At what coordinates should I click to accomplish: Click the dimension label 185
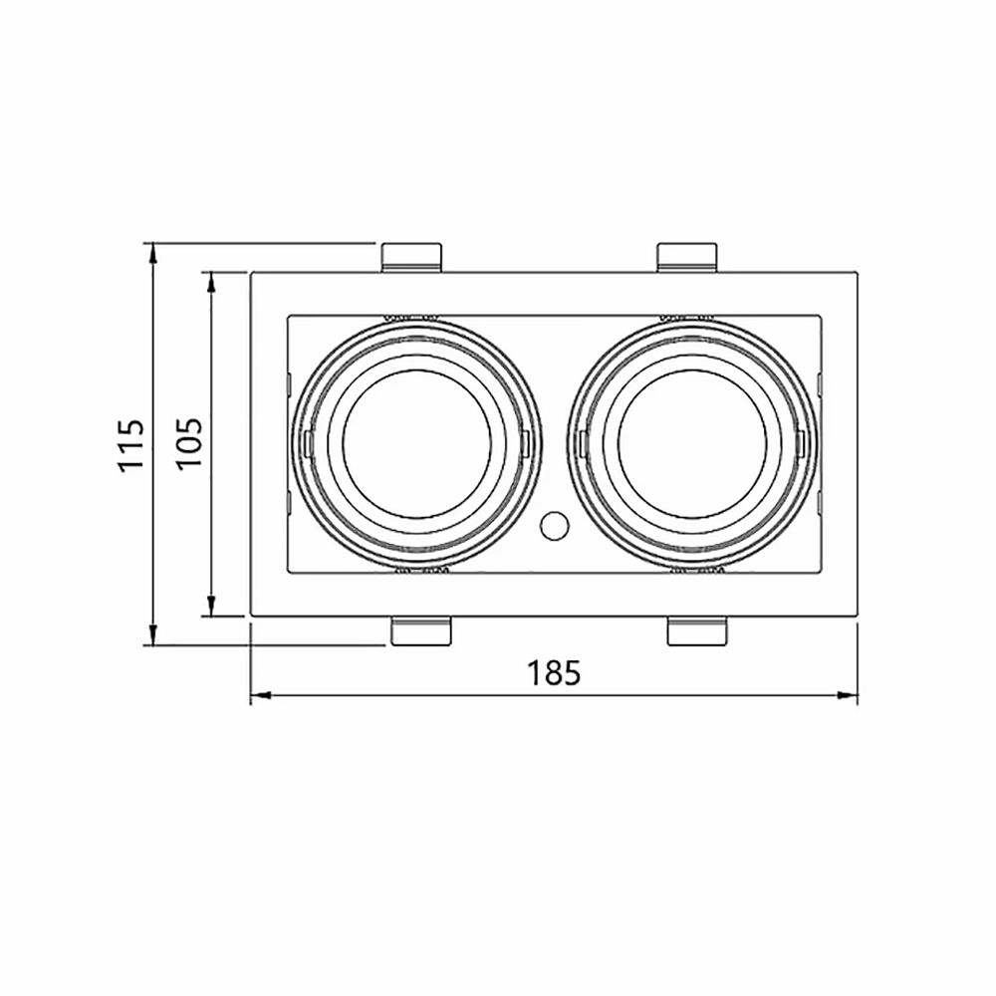[x=554, y=673]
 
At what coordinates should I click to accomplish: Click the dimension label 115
[x=131, y=444]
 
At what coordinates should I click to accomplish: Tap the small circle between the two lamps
[x=554, y=525]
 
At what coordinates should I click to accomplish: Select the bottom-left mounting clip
[x=421, y=630]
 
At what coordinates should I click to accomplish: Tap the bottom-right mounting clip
[x=697, y=630]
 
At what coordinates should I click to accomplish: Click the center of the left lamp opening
[x=416, y=444]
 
